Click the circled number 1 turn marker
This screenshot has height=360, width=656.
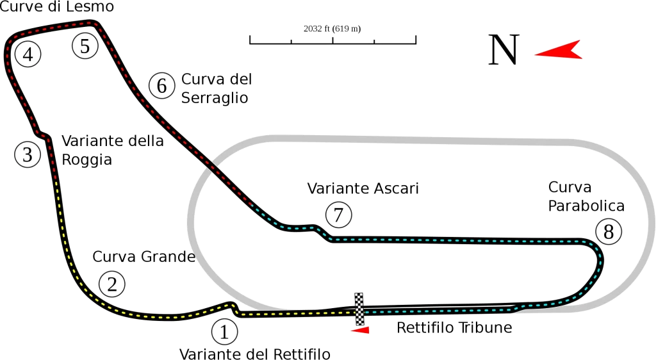pyautogui.click(x=224, y=332)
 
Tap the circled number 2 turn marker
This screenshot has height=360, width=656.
pyautogui.click(x=111, y=284)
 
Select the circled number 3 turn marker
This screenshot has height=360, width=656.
pyautogui.click(x=28, y=154)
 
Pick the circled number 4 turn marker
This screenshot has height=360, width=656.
pyautogui.click(x=28, y=54)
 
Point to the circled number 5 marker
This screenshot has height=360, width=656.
pyautogui.click(x=85, y=46)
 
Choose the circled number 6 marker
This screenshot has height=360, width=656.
pyautogui.click(x=161, y=85)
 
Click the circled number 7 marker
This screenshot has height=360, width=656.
pyautogui.click(x=338, y=215)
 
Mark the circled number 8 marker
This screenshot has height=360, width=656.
pyautogui.click(x=608, y=231)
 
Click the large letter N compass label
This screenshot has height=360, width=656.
pyautogui.click(x=503, y=51)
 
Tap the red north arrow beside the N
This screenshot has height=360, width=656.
pyautogui.click(x=559, y=51)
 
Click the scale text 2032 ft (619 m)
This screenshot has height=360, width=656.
pyautogui.click(x=332, y=28)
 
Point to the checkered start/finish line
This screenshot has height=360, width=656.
pyautogui.click(x=359, y=309)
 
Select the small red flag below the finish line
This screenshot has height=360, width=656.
pyautogui.click(x=361, y=330)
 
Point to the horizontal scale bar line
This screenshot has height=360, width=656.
pyautogui.click(x=333, y=44)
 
